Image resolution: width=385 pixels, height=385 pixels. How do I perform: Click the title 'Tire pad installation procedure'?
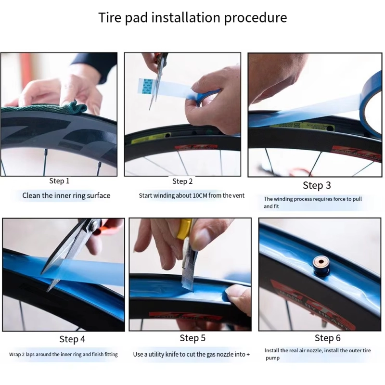coord(192,18)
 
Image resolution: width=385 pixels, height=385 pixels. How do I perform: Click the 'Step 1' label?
coord(60,181)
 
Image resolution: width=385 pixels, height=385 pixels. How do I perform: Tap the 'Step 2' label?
coord(182,181)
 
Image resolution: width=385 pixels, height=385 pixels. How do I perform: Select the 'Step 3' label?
coord(317,185)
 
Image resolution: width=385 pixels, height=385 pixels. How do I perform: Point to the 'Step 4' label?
coord(72,339)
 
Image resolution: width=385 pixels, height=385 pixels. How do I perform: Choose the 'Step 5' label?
coord(192,338)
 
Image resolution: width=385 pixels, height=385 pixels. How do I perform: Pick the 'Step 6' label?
coord(327,338)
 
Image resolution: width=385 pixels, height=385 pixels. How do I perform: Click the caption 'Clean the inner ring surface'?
coord(66,195)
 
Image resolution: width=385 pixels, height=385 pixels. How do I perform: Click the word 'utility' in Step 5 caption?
coord(163,355)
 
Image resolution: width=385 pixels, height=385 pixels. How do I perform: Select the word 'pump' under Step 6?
coord(272,358)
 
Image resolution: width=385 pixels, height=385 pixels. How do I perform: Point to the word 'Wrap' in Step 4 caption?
coord(15,355)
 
